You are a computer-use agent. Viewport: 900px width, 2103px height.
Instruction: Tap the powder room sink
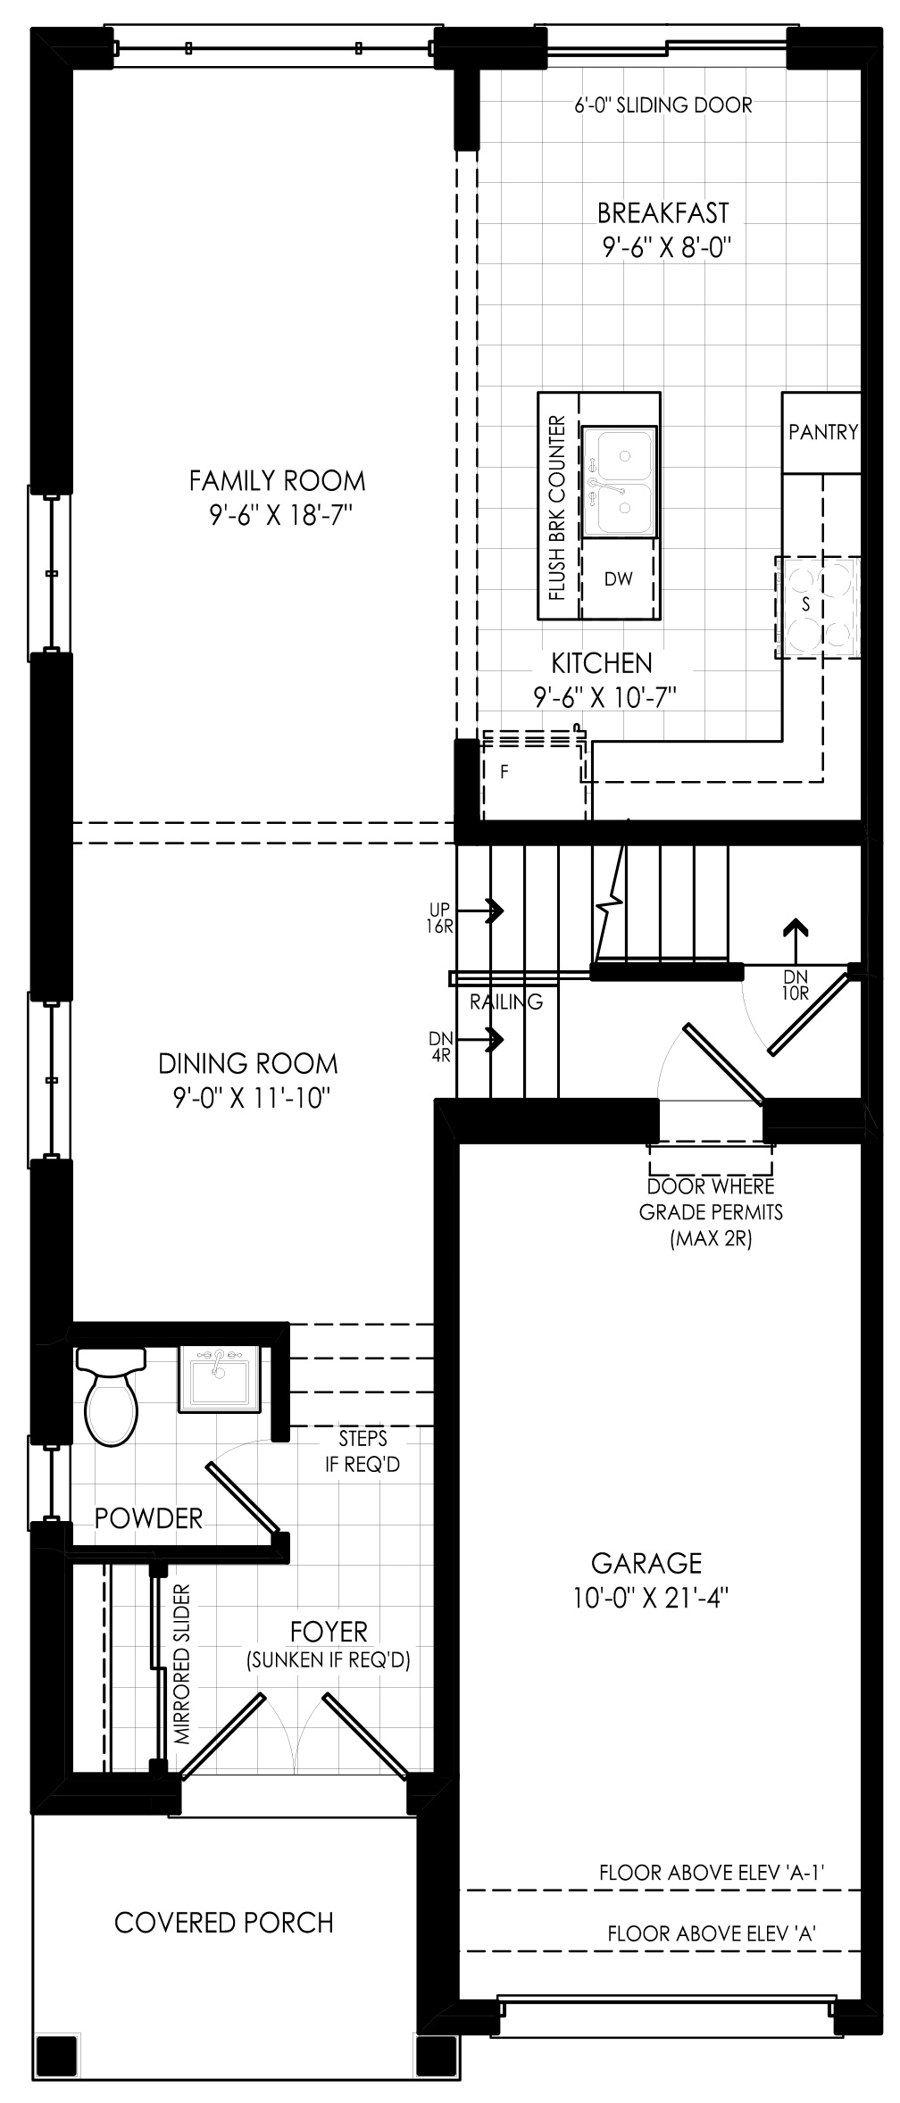[220, 1378]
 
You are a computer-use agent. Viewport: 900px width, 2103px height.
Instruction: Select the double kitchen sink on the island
[620, 482]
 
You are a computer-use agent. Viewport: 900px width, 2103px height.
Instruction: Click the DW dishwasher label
[618, 578]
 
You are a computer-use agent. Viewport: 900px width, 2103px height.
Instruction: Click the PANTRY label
[823, 432]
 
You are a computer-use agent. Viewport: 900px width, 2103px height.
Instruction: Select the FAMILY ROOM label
[278, 481]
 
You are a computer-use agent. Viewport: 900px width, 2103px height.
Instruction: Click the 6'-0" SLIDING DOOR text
[663, 104]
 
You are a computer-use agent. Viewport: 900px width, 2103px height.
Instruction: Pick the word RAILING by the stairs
[506, 1002]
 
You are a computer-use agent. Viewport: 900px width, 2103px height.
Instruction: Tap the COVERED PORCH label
[224, 1922]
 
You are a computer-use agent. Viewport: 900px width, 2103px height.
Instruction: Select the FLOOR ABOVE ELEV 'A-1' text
[711, 1872]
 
